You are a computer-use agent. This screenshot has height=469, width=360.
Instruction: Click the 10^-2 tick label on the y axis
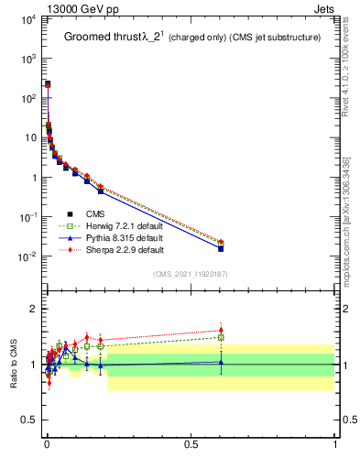pyautogui.click(x=27, y=256)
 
